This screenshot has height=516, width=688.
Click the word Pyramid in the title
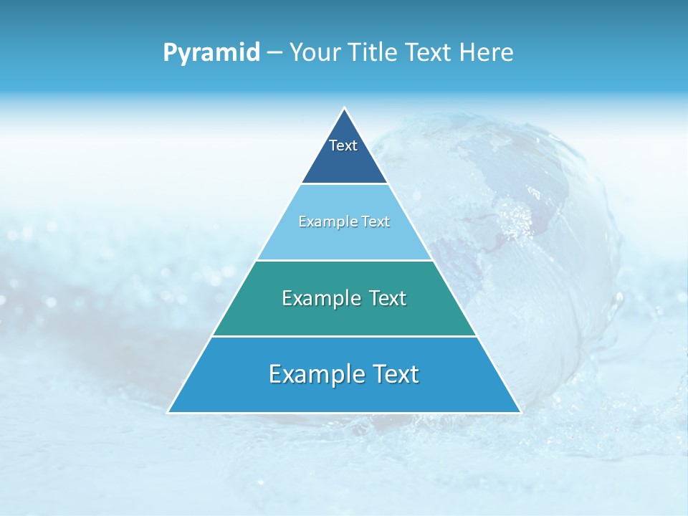pos(211,53)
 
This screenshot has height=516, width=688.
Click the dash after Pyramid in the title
pos(274,53)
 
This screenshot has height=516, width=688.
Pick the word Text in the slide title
pos(431,53)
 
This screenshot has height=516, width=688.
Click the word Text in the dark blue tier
pos(343,145)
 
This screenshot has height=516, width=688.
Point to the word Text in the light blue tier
pos(376,221)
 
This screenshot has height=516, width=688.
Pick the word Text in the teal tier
pos(387,298)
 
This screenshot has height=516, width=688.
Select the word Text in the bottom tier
pos(396,374)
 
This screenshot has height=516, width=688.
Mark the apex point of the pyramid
pos(344,109)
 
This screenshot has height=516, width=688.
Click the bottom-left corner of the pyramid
pos(168,412)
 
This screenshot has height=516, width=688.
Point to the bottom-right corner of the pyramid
pos(520,412)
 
